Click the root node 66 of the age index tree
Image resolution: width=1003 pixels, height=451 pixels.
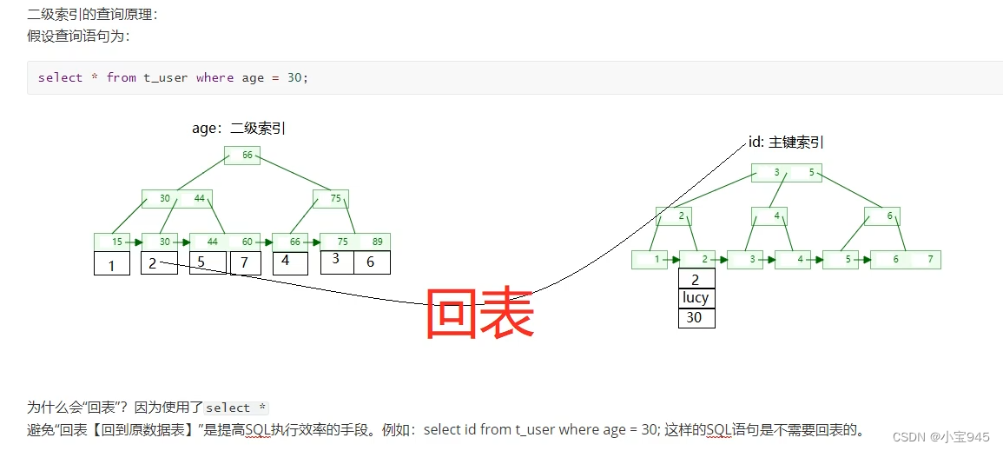point(242,156)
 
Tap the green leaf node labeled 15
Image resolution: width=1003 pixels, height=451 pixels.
point(112,242)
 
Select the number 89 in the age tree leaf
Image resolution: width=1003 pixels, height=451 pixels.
point(377,242)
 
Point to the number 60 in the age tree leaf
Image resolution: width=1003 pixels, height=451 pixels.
point(247,242)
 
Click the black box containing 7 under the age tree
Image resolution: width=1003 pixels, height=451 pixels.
point(245,262)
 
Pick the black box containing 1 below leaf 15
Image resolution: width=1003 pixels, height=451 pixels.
point(112,263)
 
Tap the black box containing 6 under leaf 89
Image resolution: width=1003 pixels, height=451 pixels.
point(372,262)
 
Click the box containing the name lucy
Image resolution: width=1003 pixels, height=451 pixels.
point(696,298)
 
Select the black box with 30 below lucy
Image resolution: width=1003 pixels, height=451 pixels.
point(696,318)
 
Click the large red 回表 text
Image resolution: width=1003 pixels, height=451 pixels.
point(479,315)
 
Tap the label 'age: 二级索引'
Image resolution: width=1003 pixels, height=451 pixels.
point(239,129)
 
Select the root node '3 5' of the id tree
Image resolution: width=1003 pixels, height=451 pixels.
point(794,172)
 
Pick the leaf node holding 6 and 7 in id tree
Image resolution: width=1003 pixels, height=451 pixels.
point(906,259)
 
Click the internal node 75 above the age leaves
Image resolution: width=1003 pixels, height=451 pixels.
point(330,198)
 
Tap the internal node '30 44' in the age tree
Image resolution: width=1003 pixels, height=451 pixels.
point(178,198)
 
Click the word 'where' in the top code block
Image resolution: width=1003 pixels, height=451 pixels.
point(214,77)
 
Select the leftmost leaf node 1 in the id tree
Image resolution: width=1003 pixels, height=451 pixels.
point(653,259)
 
